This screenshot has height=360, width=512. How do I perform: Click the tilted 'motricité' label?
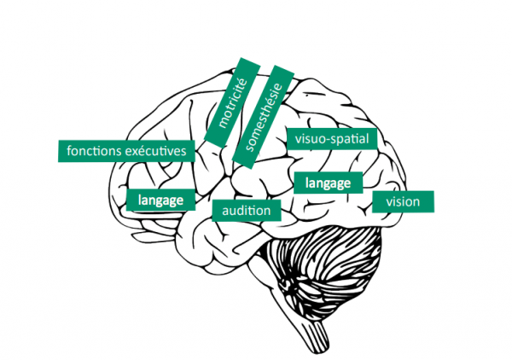point(232,102)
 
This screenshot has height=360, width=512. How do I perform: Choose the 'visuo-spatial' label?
point(329,138)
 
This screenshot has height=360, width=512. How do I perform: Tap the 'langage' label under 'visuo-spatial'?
point(328,183)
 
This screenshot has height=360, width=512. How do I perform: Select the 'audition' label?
point(246,210)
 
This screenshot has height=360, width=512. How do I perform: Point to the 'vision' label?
point(403,202)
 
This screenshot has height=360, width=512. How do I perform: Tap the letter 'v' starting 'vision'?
point(389,203)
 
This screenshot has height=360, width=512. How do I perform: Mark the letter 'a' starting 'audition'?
point(224,210)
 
